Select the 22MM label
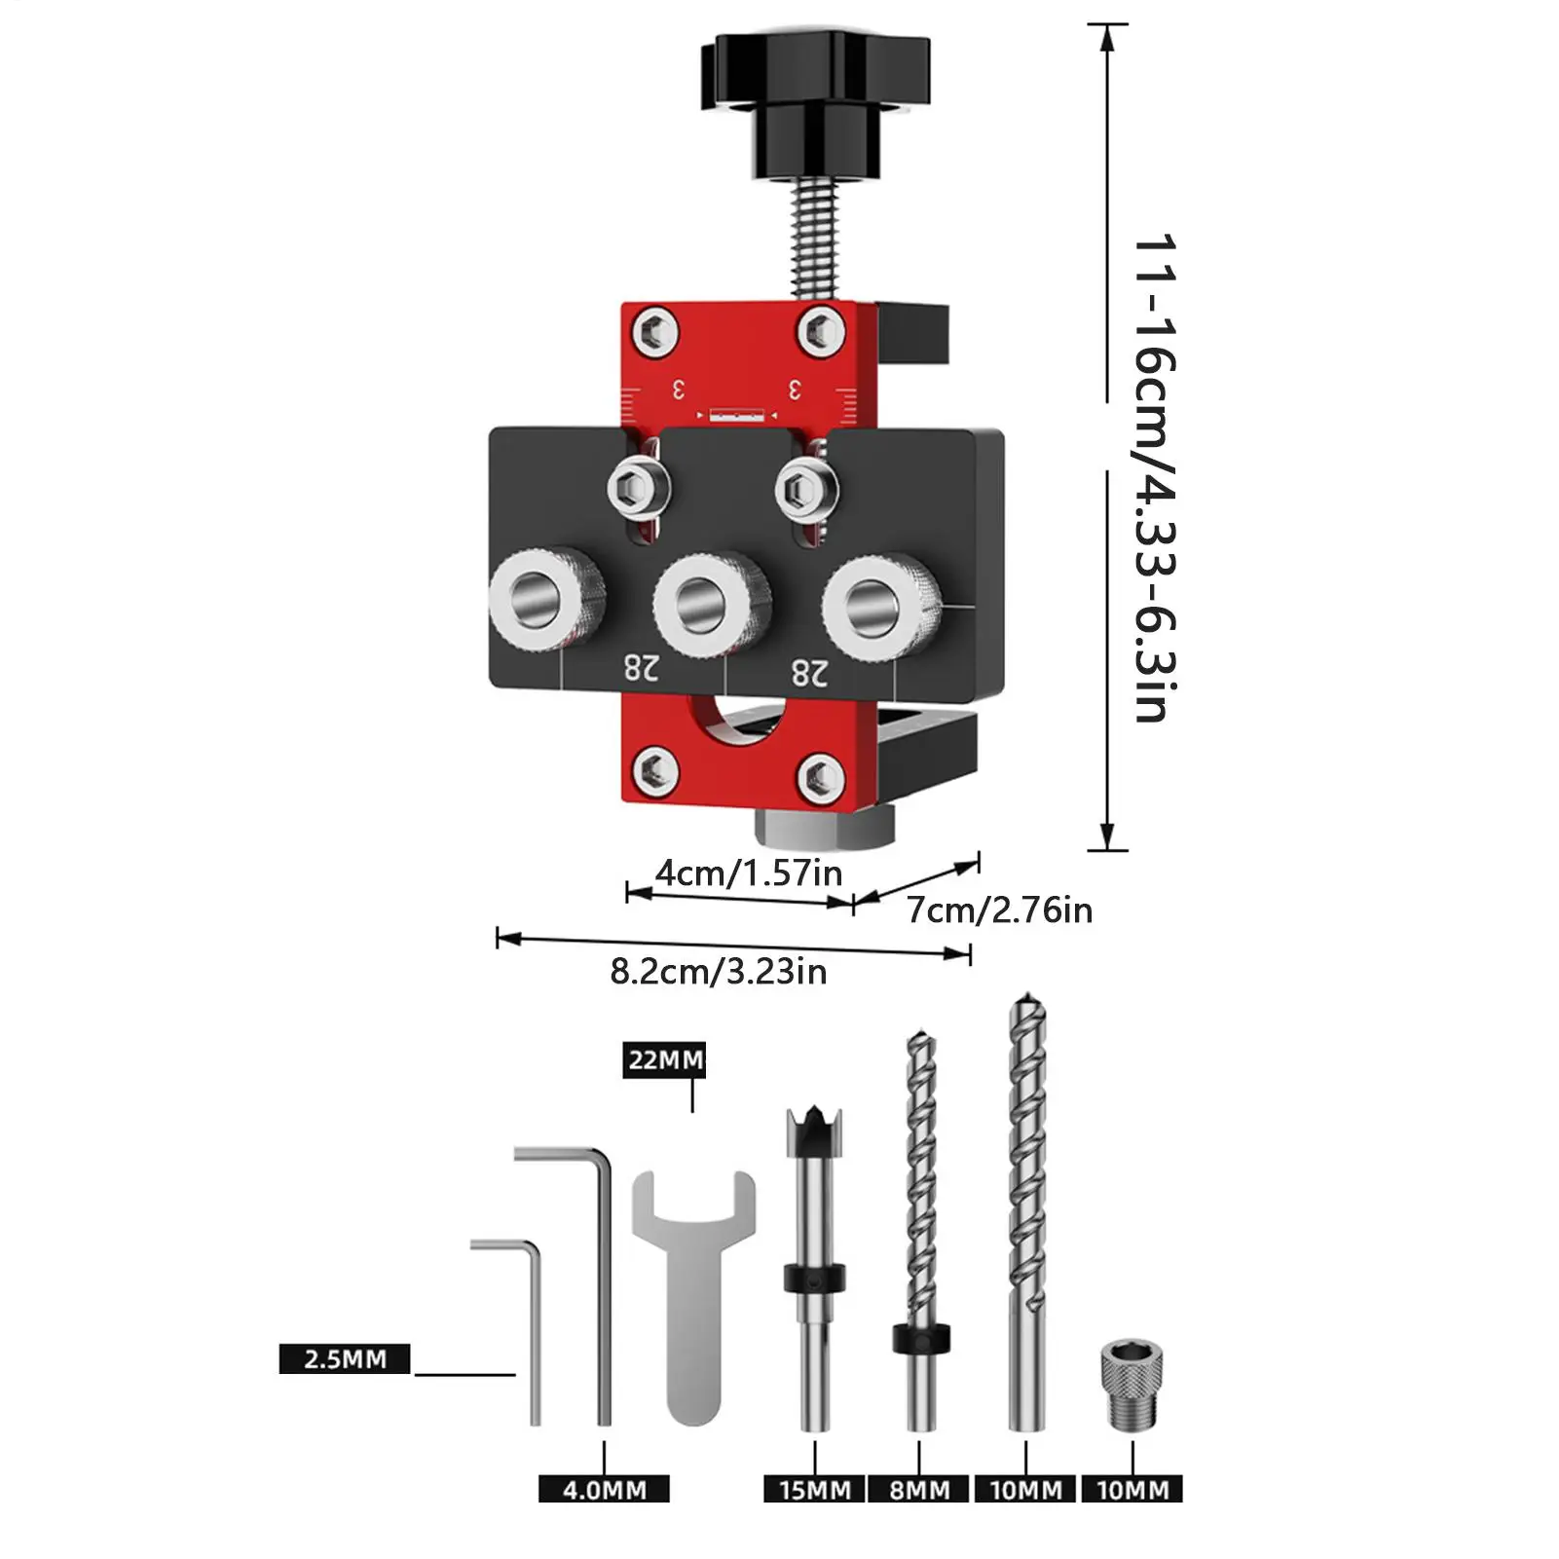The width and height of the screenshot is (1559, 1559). [x=664, y=1059]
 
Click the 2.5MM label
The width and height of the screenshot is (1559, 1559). [x=345, y=1358]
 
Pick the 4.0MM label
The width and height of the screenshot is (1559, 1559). [x=604, y=1489]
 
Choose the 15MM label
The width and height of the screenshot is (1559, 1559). [x=814, y=1489]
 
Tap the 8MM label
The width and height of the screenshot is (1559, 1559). [x=919, y=1489]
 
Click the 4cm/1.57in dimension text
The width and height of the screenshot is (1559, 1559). [x=748, y=872]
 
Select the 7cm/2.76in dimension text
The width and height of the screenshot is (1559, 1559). [x=999, y=910]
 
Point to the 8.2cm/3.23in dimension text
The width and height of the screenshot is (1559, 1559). [x=719, y=972]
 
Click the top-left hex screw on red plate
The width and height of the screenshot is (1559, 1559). [x=655, y=333]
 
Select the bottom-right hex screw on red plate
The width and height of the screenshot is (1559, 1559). [x=820, y=777]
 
